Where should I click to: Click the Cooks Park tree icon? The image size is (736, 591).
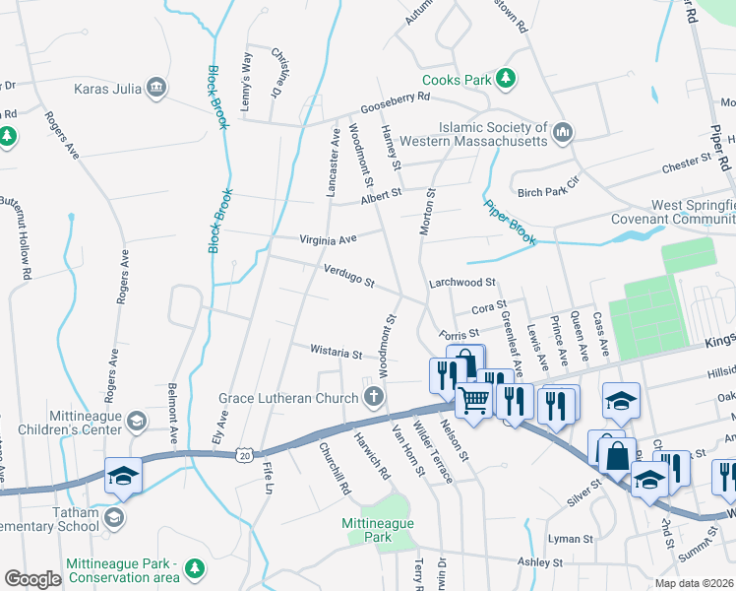[505, 79]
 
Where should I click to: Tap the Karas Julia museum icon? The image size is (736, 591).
[155, 89]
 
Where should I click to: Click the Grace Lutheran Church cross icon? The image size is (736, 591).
[373, 397]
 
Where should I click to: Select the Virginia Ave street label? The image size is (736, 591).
[328, 238]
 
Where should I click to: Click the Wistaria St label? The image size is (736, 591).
[337, 351]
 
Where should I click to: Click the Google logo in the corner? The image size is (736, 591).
[32, 579]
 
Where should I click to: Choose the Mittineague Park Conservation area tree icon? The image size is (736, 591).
[195, 568]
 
